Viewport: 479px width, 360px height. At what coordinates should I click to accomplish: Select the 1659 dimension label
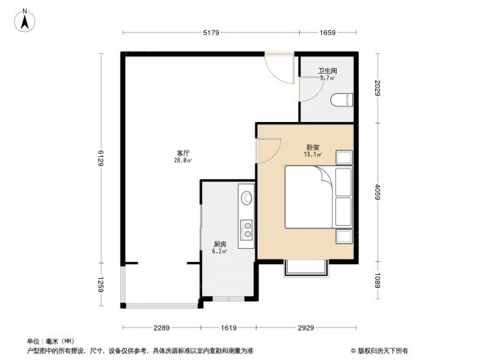(x=327, y=33)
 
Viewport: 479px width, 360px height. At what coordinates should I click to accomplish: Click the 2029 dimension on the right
(x=378, y=88)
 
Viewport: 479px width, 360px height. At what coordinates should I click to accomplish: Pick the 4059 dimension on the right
(x=378, y=194)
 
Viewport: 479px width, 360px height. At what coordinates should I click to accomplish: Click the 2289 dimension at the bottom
(x=160, y=327)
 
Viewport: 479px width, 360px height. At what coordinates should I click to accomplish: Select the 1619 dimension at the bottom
(x=228, y=327)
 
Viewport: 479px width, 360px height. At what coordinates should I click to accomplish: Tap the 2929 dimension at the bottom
(x=306, y=327)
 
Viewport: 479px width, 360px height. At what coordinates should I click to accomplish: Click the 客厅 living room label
(x=183, y=153)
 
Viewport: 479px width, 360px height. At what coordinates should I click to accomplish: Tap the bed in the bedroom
(x=308, y=196)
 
